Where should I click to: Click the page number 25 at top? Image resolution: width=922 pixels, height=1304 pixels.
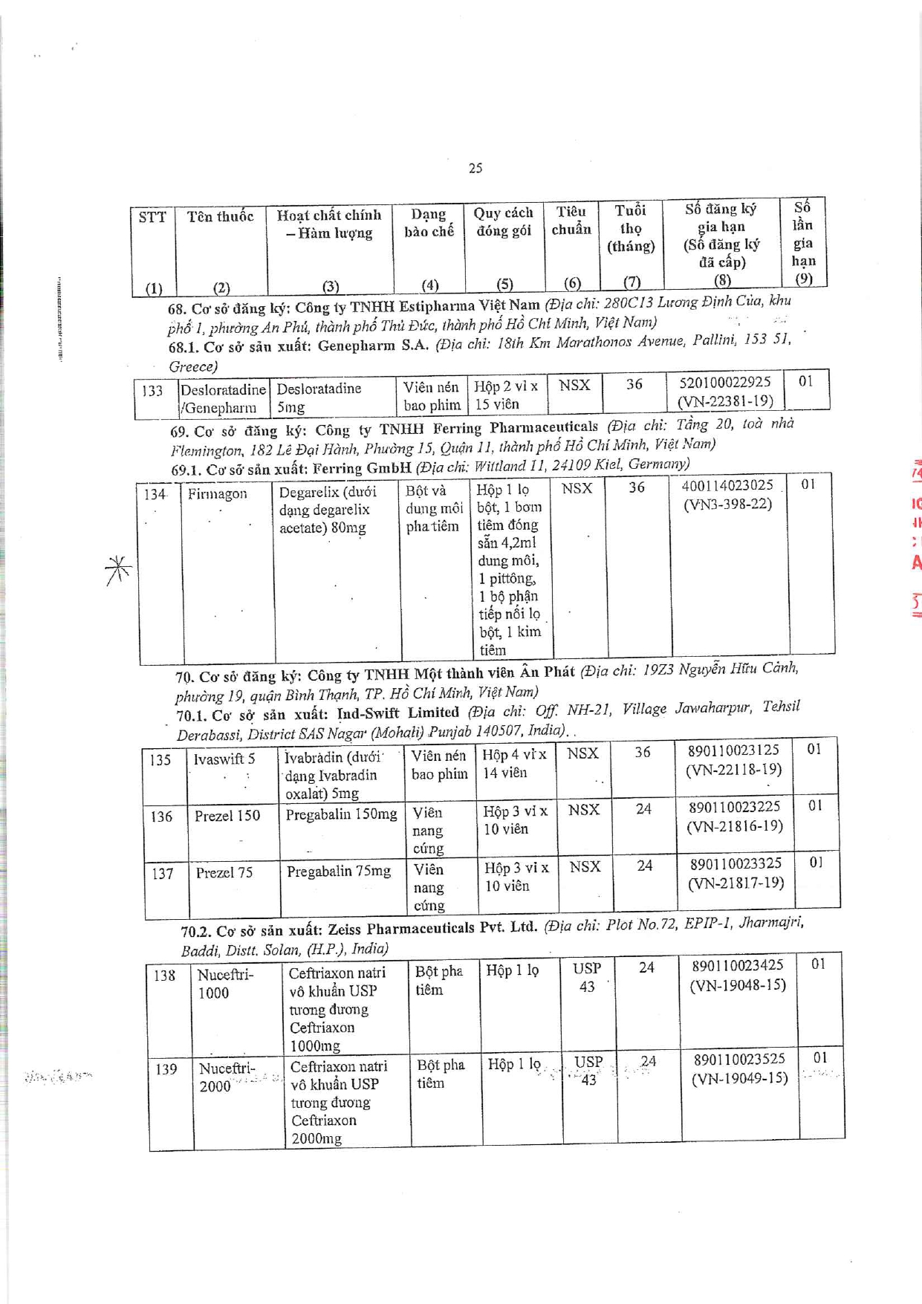point(475,168)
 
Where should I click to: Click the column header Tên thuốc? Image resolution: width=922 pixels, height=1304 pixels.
point(220,216)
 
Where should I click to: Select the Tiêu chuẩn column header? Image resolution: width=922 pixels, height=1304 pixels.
point(571,220)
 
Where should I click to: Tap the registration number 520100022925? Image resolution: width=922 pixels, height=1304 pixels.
point(725,382)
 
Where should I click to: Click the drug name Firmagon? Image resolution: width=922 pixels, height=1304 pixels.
point(217,493)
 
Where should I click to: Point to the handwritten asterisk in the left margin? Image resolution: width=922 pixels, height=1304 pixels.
point(118,570)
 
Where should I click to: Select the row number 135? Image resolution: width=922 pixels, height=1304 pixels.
point(160,760)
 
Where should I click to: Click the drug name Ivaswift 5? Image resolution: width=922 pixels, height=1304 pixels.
point(224,759)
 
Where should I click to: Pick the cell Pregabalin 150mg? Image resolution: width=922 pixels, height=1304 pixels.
point(341,814)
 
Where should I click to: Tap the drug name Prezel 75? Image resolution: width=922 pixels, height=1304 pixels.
point(224,872)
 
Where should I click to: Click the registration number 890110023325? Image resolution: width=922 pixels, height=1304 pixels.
point(736,863)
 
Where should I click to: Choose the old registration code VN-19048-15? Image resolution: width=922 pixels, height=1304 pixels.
point(738,985)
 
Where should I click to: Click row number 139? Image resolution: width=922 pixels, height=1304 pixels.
point(166,1069)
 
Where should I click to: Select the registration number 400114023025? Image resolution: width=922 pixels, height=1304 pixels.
point(727,485)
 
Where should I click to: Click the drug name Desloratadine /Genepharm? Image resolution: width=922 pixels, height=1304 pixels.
point(222,398)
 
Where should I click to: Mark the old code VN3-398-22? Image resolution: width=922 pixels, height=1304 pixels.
point(727,504)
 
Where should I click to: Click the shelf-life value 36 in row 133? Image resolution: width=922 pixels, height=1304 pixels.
point(634,384)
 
